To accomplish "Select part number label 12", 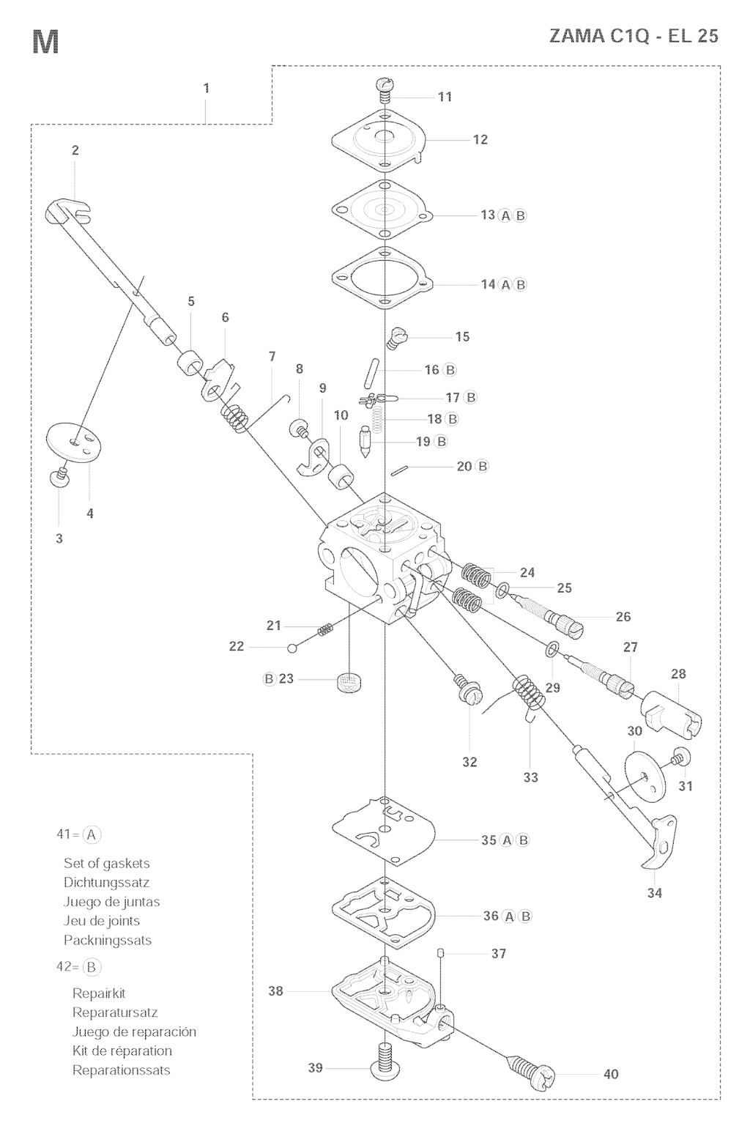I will [480, 139].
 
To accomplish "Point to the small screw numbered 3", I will [58, 477].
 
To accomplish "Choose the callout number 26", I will [623, 617].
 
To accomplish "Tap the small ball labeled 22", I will [292, 648].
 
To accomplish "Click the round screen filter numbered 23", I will [349, 683].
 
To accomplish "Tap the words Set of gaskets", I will [107, 863].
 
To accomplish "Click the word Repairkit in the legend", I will [99, 993].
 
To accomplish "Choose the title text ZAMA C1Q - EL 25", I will [634, 35].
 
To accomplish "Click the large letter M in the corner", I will [46, 42].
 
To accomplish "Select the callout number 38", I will [276, 991].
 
